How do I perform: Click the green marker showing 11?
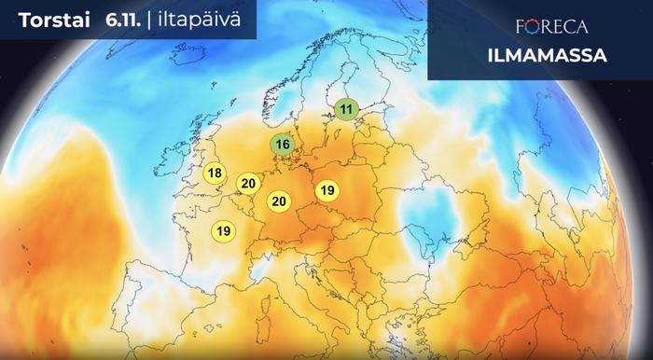(x=347, y=110)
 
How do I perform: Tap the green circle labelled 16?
(x=283, y=145)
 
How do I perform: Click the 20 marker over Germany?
(x=279, y=201)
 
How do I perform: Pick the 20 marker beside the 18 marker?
(x=247, y=183)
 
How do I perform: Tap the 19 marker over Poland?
(x=326, y=190)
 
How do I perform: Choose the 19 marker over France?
(x=224, y=230)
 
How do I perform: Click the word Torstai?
(x=47, y=21)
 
